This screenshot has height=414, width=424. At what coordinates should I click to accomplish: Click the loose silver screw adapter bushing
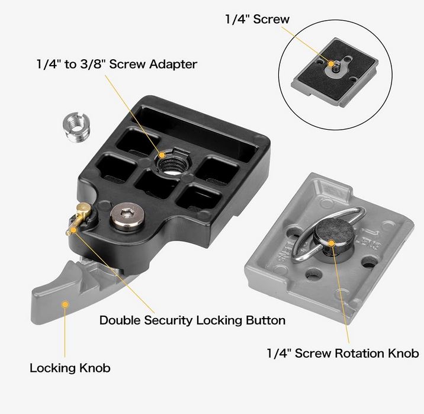pos(76,128)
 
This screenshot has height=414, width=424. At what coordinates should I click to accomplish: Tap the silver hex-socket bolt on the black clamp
pos(127,217)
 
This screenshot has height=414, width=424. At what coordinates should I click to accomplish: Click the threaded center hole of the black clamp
pos(172,163)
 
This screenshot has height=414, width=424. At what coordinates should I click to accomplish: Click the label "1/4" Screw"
pos(257,19)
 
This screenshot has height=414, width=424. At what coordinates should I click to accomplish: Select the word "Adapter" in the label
pos(174,65)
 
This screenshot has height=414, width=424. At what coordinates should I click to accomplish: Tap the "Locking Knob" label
pos(70,368)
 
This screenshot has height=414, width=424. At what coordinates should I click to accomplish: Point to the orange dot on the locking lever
pos(65,304)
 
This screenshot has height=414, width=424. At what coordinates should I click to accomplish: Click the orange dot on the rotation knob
pos(331,243)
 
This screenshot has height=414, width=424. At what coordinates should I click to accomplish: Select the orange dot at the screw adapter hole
pos(162,155)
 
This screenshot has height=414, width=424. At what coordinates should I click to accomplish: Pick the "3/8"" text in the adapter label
pos(92,65)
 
